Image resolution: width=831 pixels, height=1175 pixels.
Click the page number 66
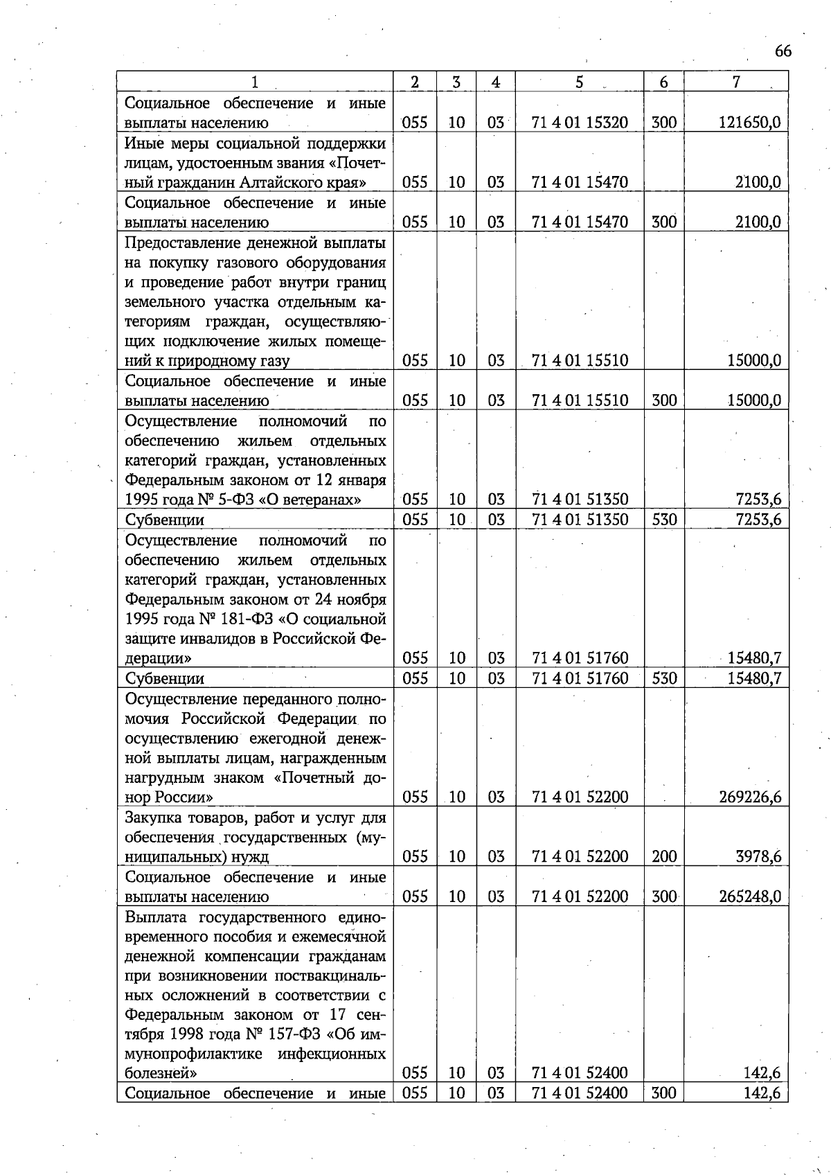pyautogui.click(x=783, y=51)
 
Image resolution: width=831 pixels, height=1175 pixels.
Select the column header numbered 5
pyautogui.click(x=579, y=82)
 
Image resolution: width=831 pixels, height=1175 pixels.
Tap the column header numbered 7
pyautogui.click(x=736, y=82)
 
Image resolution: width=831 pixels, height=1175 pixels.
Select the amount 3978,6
pyautogui.click(x=758, y=857)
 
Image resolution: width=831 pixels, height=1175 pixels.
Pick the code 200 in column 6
pyautogui.click(x=664, y=857)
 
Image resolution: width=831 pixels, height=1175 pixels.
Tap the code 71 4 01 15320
pyautogui.click(x=580, y=123)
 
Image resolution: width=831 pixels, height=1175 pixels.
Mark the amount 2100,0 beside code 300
pyautogui.click(x=758, y=222)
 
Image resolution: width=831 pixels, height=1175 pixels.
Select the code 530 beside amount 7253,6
pyautogui.click(x=664, y=520)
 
